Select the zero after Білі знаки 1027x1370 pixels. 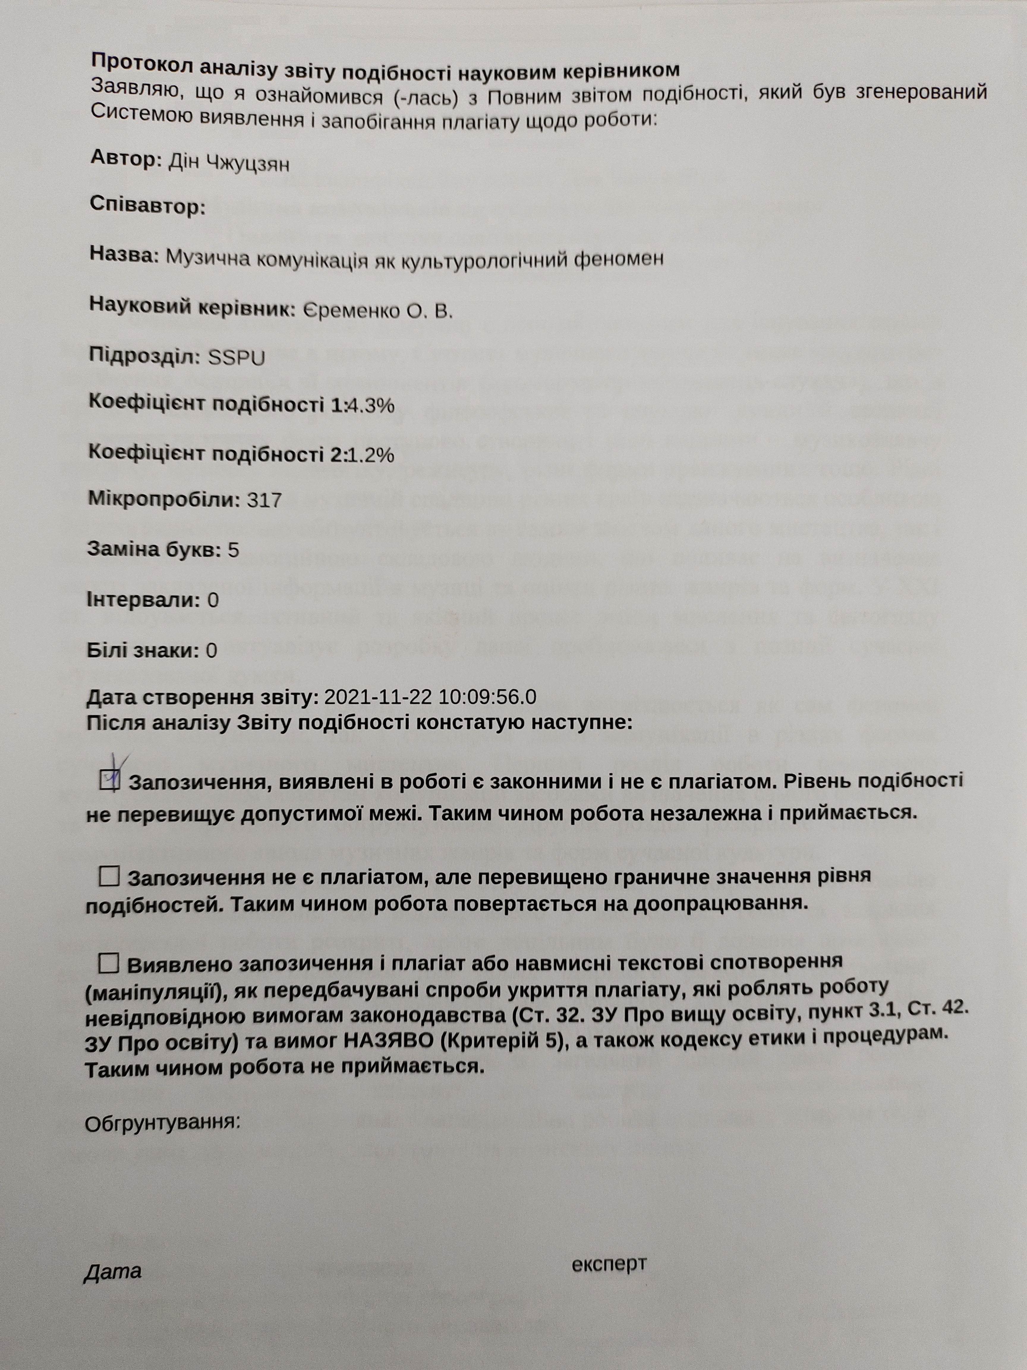point(211,650)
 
